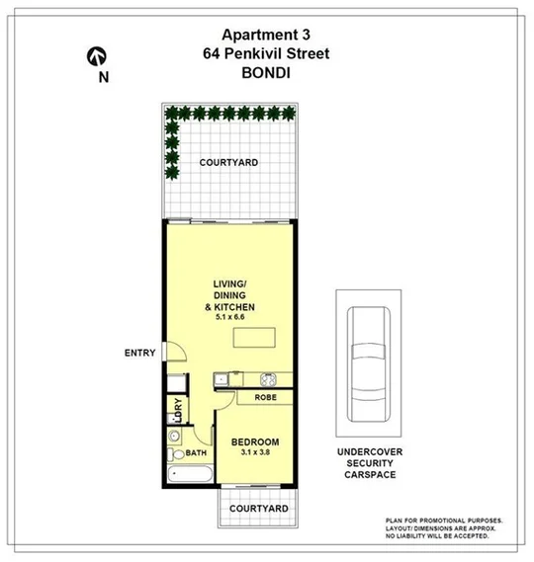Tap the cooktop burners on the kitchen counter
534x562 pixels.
[268, 378]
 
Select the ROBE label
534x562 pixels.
[265, 397]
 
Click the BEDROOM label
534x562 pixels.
[255, 442]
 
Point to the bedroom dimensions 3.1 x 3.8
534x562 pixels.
[255, 453]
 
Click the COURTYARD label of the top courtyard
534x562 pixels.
[228, 162]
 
